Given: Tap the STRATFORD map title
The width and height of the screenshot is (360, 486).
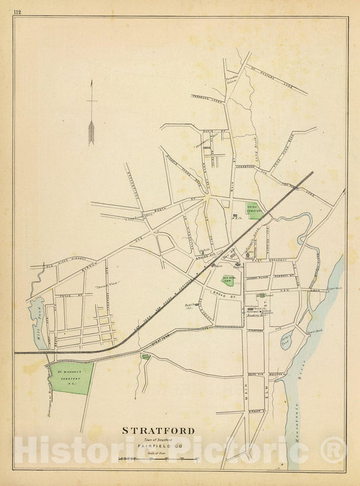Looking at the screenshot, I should click(x=158, y=431).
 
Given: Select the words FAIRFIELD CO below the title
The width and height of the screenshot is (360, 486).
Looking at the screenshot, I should click(x=158, y=446).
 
